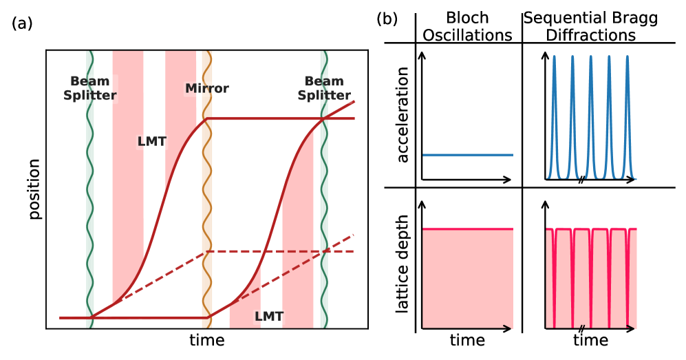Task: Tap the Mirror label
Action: coord(206,89)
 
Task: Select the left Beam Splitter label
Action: coord(89,89)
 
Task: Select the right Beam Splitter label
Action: coord(324,89)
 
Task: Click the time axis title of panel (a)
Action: coord(207,340)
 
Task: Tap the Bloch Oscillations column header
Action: coord(467,27)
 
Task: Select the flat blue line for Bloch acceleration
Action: coord(467,155)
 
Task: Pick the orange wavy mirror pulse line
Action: coord(206,207)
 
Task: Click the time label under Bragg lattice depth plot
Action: coord(590,340)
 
